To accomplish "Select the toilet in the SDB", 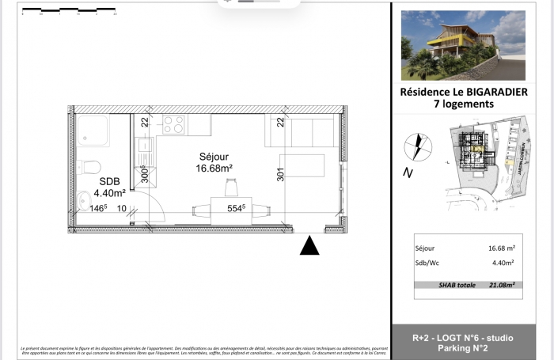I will [x=89, y=167].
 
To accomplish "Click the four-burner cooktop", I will [x=173, y=124].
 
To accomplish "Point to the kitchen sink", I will [x=146, y=146].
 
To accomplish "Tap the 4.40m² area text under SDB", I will [x=110, y=192].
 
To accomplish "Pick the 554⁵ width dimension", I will [x=236, y=208].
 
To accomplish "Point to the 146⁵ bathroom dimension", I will [x=97, y=208].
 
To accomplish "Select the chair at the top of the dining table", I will [x=231, y=188].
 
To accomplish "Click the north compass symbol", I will [x=414, y=147].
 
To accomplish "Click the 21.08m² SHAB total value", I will [x=501, y=285].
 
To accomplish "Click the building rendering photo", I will [x=462, y=46].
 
